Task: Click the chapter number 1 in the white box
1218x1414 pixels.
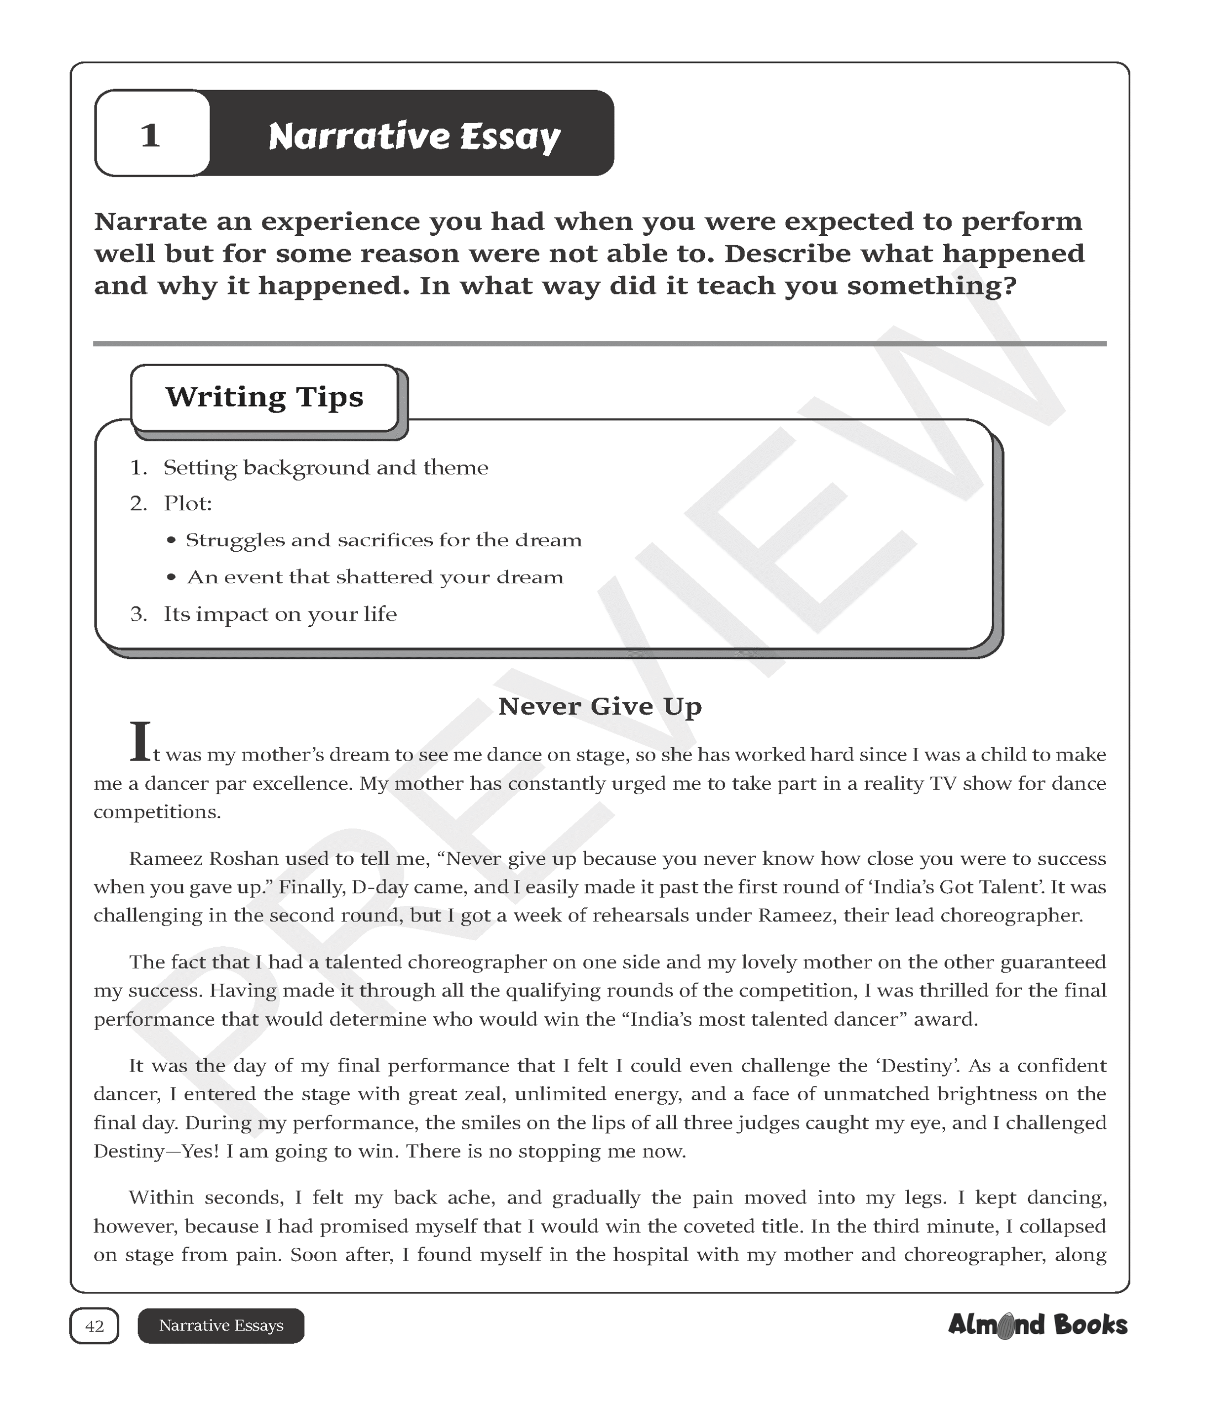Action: click(x=150, y=135)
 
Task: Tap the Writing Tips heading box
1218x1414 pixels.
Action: click(x=265, y=397)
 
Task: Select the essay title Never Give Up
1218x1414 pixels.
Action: click(x=600, y=706)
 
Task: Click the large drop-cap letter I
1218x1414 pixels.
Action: click(x=140, y=742)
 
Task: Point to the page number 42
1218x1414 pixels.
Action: click(x=94, y=1326)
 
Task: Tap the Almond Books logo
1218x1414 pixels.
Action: click(x=1037, y=1325)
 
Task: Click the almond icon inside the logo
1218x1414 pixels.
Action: click(x=1005, y=1327)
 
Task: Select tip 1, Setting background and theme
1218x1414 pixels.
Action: click(x=325, y=468)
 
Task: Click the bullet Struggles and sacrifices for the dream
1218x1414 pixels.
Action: click(x=383, y=541)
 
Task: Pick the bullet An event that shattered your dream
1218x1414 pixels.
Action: click(x=375, y=577)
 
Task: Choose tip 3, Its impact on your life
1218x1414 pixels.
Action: click(x=280, y=614)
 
